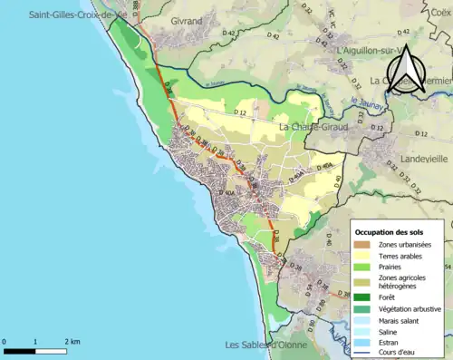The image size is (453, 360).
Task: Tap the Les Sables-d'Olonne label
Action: pyautogui.click(x=269, y=345)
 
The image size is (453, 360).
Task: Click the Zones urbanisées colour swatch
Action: pyautogui.click(x=363, y=245)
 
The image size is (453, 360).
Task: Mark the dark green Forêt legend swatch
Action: pyautogui.click(x=363, y=296)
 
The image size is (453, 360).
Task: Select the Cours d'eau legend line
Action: pyautogui.click(x=363, y=354)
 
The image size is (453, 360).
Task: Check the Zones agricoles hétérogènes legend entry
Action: pyautogui.click(x=404, y=283)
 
